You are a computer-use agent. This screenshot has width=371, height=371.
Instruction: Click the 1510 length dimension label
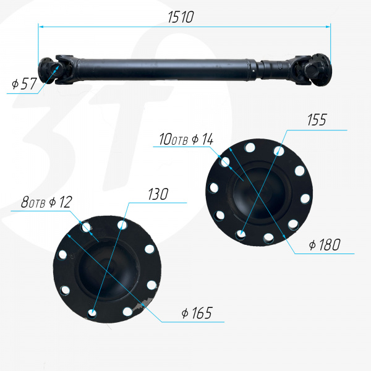(x=181, y=17)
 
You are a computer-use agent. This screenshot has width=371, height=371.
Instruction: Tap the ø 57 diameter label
(x=24, y=83)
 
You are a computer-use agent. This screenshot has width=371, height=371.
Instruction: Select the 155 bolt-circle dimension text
(x=317, y=120)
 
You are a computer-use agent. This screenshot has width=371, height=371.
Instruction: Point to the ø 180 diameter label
(x=325, y=245)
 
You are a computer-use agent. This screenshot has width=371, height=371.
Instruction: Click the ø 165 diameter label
(x=197, y=313)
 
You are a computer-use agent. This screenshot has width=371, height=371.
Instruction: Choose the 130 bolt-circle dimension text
(x=158, y=194)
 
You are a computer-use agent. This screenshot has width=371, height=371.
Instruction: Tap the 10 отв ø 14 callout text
(x=186, y=139)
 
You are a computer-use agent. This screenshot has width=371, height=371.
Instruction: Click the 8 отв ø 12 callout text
(x=46, y=202)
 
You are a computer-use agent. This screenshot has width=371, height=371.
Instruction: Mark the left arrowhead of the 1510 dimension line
(x=41, y=27)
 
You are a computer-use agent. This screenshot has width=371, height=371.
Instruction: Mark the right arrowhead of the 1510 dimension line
(x=328, y=27)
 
